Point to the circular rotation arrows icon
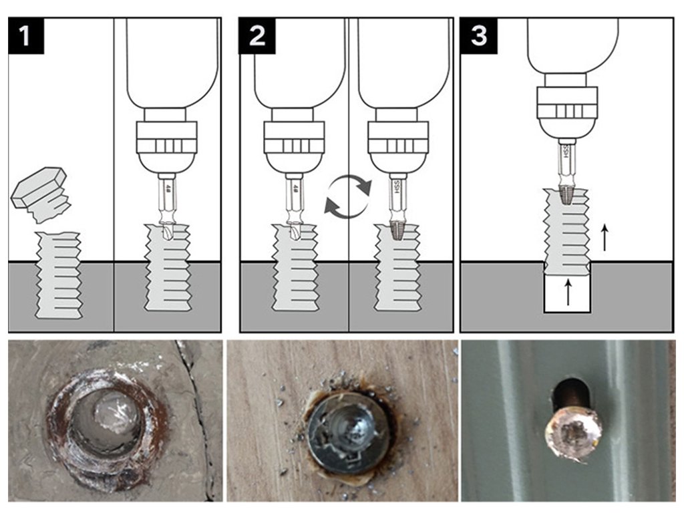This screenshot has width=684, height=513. [x=347, y=196]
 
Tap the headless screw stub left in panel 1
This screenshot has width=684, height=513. [x=59, y=274]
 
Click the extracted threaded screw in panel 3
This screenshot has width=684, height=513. [x=567, y=230]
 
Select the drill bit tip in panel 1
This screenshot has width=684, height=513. [x=166, y=230]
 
